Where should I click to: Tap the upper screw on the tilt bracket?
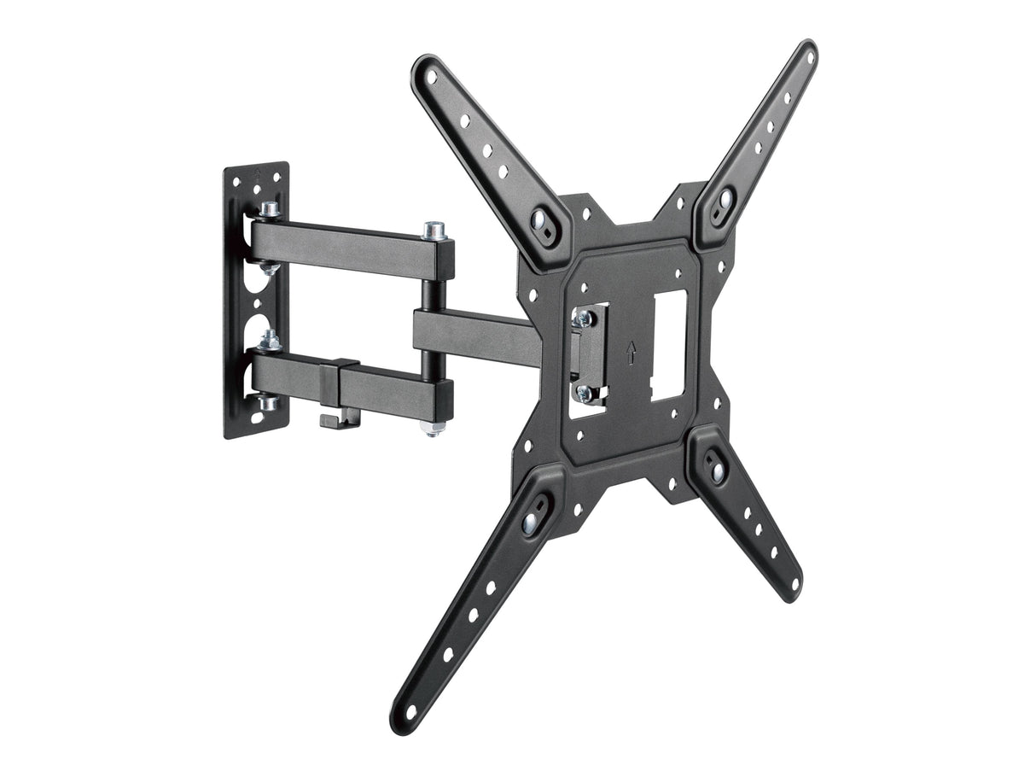click(x=585, y=318)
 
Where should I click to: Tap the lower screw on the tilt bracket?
click(x=585, y=393)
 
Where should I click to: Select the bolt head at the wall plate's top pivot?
click(x=270, y=209)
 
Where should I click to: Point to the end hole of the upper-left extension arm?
click(x=430, y=76)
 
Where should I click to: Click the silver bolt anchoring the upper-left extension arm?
click(x=539, y=219)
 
